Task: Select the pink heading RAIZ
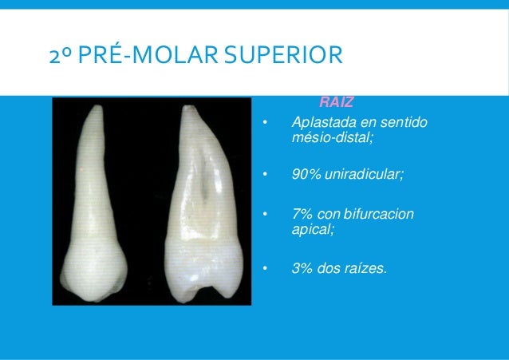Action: tap(336, 103)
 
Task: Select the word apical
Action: tap(312, 227)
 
